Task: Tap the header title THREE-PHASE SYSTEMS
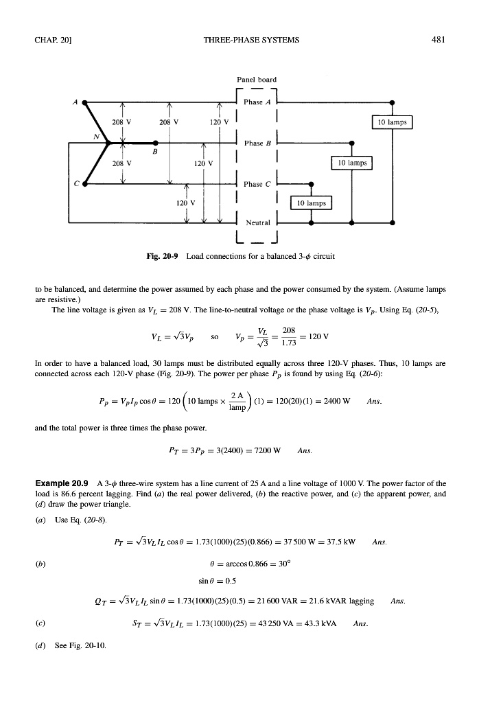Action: [x=251, y=39]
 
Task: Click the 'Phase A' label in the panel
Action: [x=255, y=103]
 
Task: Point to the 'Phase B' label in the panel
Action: [x=255, y=143]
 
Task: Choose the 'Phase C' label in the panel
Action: [x=255, y=183]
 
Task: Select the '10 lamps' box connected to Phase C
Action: [x=312, y=203]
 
